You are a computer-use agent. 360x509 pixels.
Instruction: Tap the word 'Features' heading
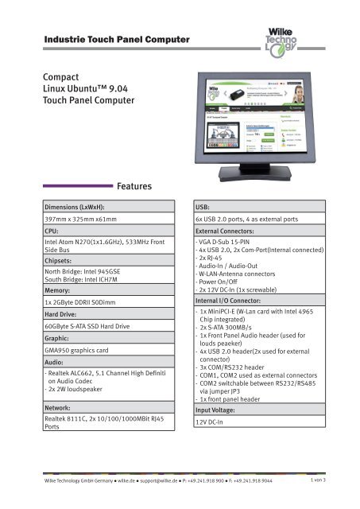click(140, 187)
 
